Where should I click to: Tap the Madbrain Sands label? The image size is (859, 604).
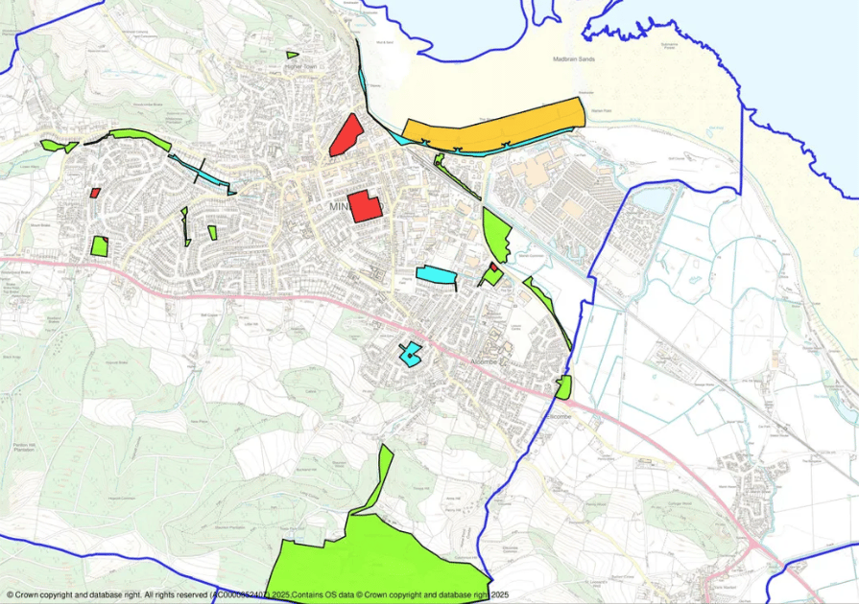[575, 59]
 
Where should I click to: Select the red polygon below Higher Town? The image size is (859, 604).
[346, 135]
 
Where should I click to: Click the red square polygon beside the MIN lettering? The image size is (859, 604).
[364, 206]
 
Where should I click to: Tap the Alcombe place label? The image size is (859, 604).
[483, 361]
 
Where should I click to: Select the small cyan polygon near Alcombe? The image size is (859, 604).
[411, 355]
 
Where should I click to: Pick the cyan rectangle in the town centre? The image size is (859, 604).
[436, 275]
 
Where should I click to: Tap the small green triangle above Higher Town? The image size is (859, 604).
[292, 55]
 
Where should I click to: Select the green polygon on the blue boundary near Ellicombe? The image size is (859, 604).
[563, 387]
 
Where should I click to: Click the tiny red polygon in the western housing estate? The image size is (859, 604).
[95, 193]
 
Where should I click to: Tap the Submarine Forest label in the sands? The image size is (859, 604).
[666, 45]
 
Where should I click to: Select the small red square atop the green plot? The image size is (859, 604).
[493, 267]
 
